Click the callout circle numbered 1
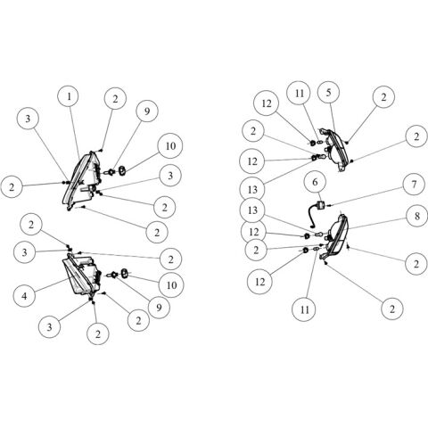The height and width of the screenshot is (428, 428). (x=69, y=96)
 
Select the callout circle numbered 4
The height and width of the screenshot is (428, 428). (x=25, y=295)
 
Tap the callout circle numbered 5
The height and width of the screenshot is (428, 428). (x=328, y=93)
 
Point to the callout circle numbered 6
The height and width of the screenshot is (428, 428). (x=315, y=181)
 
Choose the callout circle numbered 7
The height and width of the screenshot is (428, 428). (x=414, y=185)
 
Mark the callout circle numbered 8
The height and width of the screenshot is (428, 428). (x=416, y=216)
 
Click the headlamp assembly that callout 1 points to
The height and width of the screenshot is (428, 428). (x=82, y=180)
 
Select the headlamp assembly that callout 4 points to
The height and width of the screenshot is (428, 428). (x=82, y=274)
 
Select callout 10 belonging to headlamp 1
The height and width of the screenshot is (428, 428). (x=170, y=146)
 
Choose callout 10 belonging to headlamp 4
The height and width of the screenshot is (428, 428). (x=171, y=285)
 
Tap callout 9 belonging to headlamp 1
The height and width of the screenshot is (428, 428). (x=147, y=111)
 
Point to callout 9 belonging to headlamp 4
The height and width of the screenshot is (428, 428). (x=159, y=307)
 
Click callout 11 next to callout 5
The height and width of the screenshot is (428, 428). (x=300, y=94)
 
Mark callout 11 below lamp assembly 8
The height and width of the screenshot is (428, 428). (x=304, y=309)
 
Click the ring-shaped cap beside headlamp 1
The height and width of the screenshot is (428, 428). (x=122, y=170)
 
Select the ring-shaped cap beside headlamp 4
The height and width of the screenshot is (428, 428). (x=124, y=272)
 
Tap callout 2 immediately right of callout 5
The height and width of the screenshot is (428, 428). (x=383, y=97)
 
